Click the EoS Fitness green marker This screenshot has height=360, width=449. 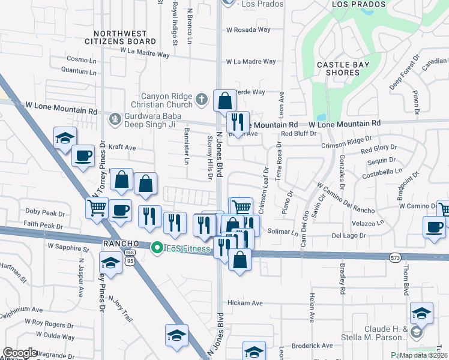point(157,247)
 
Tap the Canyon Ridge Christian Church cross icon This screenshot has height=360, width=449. point(202,98)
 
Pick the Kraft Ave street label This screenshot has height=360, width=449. point(122,147)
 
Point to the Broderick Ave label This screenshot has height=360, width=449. point(312,346)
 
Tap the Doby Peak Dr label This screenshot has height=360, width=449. point(44,212)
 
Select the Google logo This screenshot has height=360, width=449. point(20,353)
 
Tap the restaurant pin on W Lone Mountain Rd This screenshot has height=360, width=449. point(238,122)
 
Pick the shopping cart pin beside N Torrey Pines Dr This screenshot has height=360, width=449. point(97,208)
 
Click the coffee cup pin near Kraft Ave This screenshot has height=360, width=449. point(83,157)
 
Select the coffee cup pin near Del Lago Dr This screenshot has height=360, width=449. point(434,227)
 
